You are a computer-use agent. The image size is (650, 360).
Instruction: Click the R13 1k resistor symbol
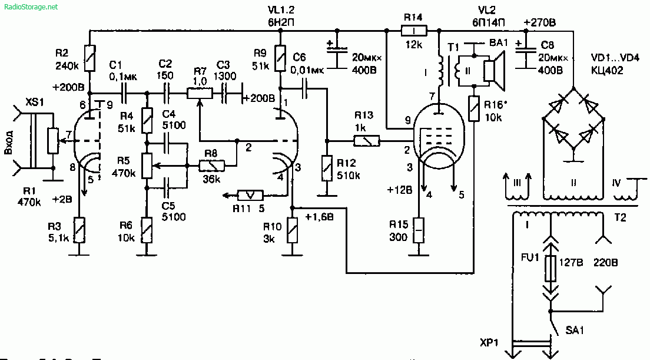click(367, 141)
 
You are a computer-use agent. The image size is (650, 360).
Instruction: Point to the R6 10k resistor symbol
click(146, 228)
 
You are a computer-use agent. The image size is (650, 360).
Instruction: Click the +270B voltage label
click(543, 22)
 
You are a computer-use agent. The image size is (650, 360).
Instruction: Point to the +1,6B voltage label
click(319, 217)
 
